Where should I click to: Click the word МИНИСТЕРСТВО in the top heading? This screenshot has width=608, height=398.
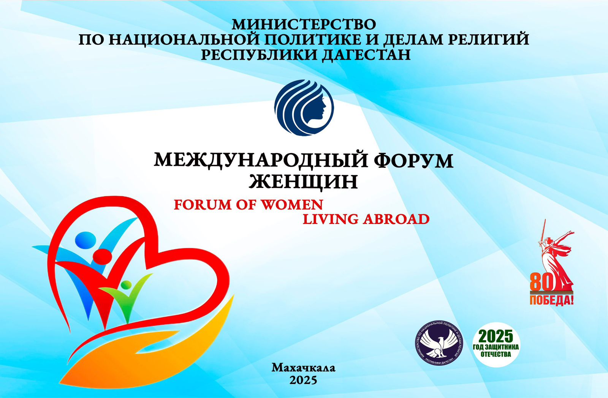[x=304, y=25]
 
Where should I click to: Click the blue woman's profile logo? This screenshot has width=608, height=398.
[x=304, y=108]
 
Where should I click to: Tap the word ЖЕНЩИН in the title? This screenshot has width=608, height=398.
[x=304, y=182]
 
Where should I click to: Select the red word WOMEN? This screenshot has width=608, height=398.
[x=292, y=205]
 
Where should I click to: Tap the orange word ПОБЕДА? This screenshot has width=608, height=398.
[x=551, y=300]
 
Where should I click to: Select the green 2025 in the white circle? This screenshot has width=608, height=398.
[x=496, y=336]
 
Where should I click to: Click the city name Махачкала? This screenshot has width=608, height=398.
[x=304, y=368]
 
